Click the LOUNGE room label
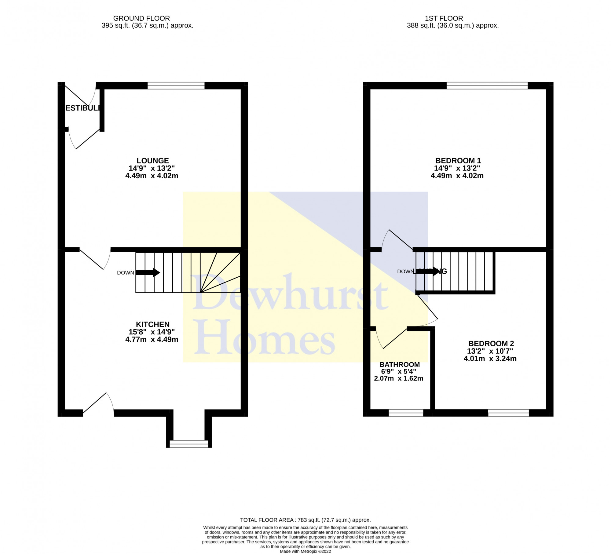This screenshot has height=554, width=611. coord(152,161)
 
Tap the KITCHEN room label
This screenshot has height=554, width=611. coord(152,324)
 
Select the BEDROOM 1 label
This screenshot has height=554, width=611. coord(458,161)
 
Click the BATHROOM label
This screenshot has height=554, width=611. coord(399,365)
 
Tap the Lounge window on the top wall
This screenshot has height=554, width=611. coord(176,86)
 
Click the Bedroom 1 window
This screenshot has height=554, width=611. coord(487,86)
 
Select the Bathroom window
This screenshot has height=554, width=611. coord(406,413)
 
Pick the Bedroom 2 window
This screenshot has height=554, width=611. coord(508,413)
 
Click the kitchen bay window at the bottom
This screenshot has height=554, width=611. coord(189,444)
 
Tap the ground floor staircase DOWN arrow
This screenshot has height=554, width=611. coord(148,272)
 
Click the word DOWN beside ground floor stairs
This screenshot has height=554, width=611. coord(125,273)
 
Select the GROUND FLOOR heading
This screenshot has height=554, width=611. coord(141,18)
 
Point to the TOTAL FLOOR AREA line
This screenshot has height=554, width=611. coord(305,520)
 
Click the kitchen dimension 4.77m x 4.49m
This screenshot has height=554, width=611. coord(152,339)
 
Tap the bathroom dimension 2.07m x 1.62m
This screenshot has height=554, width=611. coord(398,379)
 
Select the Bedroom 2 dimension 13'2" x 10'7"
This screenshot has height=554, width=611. coord(490,351)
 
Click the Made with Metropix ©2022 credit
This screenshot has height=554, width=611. coord(305,552)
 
